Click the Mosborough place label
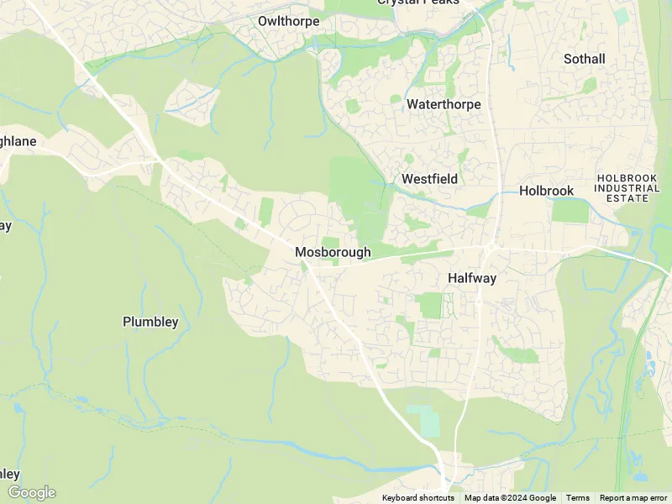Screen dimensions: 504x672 point(333,252)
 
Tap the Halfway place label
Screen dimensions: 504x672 point(471,278)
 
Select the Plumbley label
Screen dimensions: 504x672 point(150,322)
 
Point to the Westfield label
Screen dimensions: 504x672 point(429,179)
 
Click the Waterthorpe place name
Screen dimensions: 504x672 point(444,104)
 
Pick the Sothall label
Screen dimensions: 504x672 point(584,59)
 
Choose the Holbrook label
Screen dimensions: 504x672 point(546,191)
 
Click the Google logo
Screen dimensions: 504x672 point(31,492)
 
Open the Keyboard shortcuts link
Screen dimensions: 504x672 point(417,498)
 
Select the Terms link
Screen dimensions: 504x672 point(577,498)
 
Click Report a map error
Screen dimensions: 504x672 point(634,498)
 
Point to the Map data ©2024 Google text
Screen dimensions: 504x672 point(510,498)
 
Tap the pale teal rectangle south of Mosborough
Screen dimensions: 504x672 point(424,421)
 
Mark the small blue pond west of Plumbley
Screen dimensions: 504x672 point(18,409)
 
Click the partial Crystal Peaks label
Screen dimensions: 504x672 point(417,3)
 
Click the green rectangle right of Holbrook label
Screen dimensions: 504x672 point(570,210)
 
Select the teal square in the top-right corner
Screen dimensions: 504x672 point(621,15)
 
